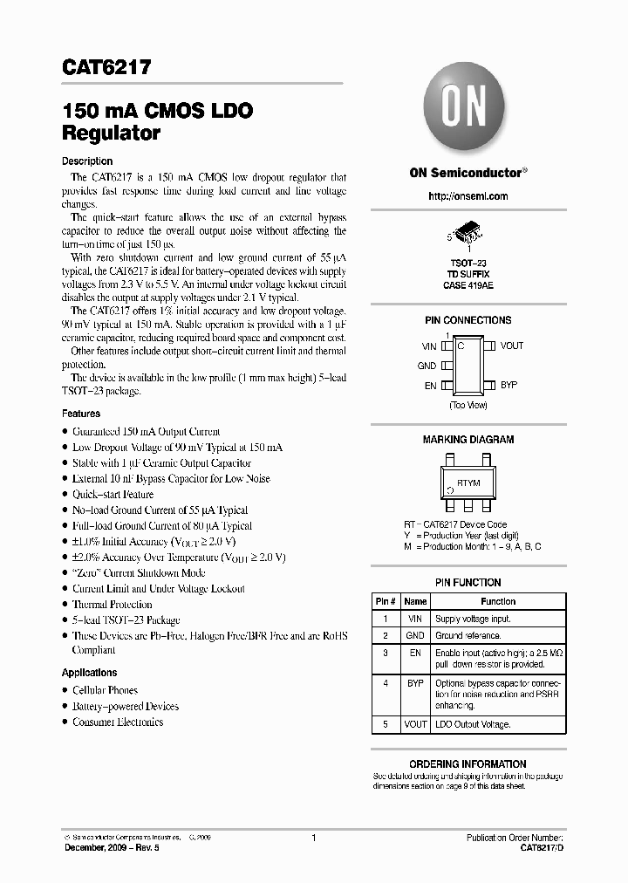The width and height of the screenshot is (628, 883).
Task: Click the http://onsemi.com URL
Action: tap(468, 196)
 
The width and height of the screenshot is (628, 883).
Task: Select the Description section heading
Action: tap(87, 161)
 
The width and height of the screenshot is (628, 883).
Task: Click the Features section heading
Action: tap(81, 414)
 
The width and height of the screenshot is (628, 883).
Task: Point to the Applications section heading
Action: tap(89, 673)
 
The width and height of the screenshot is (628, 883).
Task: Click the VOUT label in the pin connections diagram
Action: tap(511, 346)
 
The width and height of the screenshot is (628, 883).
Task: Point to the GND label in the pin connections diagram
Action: tap(427, 366)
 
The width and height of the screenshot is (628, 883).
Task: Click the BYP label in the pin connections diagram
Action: tap(509, 385)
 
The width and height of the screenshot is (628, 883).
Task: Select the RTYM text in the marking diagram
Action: tap(468, 483)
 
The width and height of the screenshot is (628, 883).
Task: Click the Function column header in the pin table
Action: tap(498, 601)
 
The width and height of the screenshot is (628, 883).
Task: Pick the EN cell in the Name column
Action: tap(416, 652)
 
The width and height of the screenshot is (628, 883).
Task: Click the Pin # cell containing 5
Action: tap(385, 724)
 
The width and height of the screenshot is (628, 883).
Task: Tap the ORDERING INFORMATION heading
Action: tap(468, 763)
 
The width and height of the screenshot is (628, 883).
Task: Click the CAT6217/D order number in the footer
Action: tap(541, 847)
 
